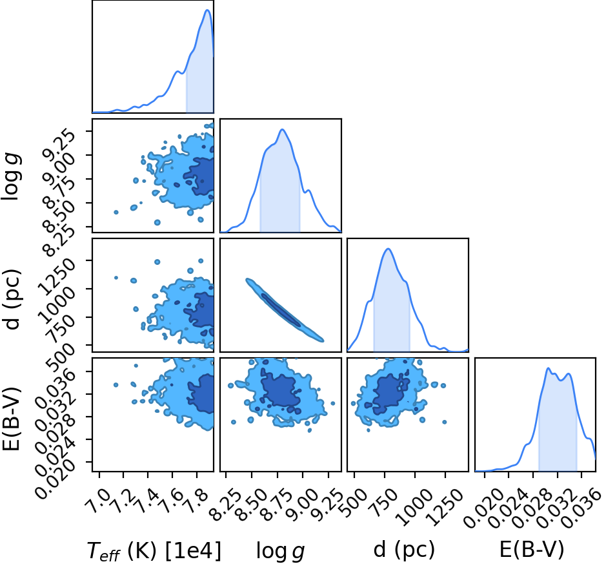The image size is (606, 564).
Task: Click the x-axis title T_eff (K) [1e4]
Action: tap(154, 550)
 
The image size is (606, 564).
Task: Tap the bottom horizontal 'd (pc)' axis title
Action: tap(404, 550)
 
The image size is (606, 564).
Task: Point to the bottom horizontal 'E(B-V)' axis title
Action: tap(532, 550)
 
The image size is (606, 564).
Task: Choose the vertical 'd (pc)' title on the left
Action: tap(12, 298)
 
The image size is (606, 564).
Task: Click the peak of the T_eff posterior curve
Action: tap(208, 10)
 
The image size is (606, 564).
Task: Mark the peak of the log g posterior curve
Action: tap(282, 129)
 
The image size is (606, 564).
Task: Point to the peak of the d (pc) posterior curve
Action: tap(388, 249)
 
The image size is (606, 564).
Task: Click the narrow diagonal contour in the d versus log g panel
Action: tap(285, 310)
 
